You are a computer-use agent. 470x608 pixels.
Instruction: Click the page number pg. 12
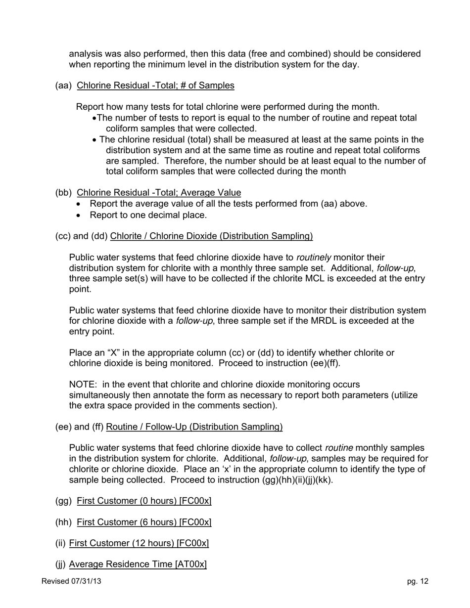pyautogui.click(x=418, y=581)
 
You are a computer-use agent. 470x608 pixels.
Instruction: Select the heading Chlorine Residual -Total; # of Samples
pyautogui.click(x=155, y=86)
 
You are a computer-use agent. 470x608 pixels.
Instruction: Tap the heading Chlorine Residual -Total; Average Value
pyautogui.click(x=159, y=193)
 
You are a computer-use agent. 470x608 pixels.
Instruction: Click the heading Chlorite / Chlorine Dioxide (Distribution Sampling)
pyautogui.click(x=211, y=236)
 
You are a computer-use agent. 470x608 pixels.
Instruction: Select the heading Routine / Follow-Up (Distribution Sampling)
pyautogui.click(x=194, y=427)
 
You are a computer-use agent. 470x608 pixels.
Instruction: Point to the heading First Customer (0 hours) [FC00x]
pyautogui.click(x=144, y=501)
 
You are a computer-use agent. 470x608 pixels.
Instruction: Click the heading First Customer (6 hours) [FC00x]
pyautogui.click(x=144, y=522)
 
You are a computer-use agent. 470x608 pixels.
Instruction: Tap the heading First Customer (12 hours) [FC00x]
pyautogui.click(x=139, y=544)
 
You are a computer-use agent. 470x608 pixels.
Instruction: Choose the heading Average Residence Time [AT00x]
pyautogui.click(x=138, y=565)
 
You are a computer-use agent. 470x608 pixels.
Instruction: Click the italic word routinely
pyautogui.click(x=314, y=258)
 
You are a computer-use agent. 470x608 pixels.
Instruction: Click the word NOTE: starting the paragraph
pyautogui.click(x=83, y=385)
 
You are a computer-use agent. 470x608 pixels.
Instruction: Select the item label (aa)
pyautogui.click(x=63, y=86)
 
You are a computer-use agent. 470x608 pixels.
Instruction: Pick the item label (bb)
pyautogui.click(x=63, y=193)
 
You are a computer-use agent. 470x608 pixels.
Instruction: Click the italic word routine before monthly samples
pyautogui.click(x=339, y=448)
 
